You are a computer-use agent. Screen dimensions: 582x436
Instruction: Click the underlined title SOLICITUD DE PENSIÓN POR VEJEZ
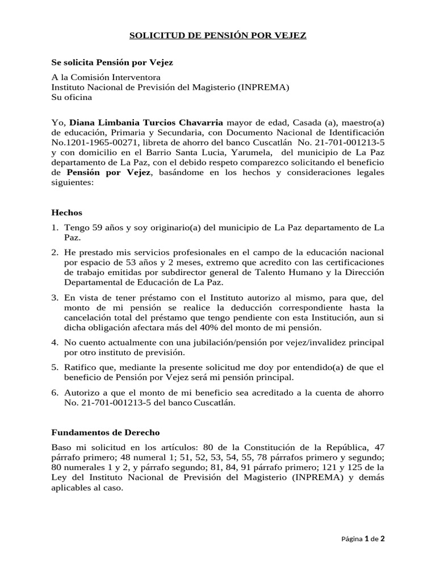tap(218, 36)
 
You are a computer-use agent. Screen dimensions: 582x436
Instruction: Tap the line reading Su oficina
tap(72, 97)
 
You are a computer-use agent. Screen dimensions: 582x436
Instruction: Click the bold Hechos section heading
tap(67, 213)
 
